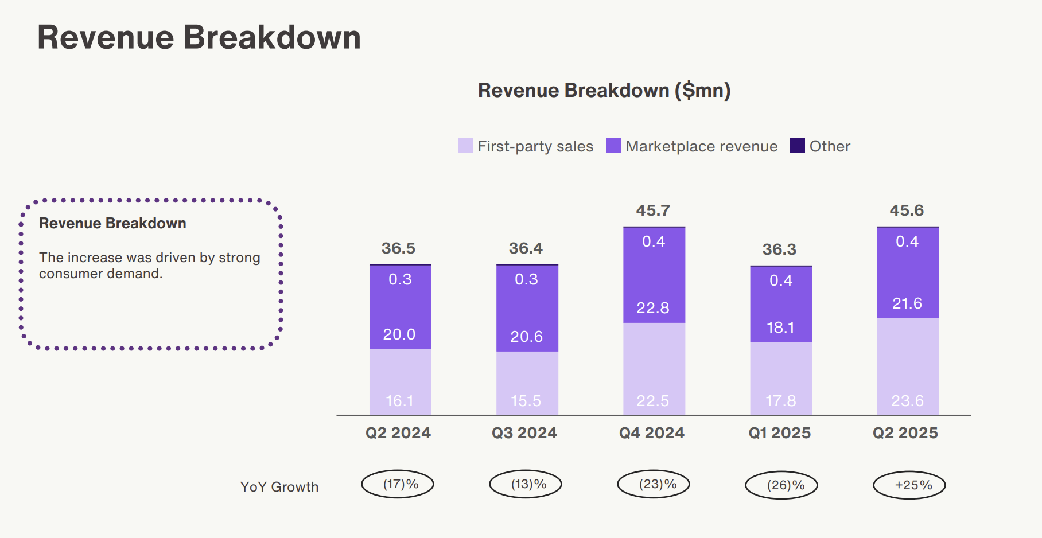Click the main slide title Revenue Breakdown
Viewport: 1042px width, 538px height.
point(199,38)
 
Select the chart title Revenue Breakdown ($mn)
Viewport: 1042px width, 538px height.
point(604,91)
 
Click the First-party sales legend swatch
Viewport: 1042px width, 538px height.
point(465,146)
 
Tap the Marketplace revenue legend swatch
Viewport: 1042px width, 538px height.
point(613,146)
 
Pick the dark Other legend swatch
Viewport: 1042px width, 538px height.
point(797,146)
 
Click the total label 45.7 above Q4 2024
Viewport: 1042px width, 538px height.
point(653,210)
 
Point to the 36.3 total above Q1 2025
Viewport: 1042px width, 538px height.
point(779,249)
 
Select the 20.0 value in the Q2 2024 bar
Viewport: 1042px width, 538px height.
point(399,334)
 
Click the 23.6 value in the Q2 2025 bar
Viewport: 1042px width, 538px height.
point(907,401)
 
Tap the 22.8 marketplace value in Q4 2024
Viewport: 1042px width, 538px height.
point(653,308)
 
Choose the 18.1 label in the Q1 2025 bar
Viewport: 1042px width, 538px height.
point(780,328)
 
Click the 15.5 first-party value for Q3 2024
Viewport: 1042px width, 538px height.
point(526,401)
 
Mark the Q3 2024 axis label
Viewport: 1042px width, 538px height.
point(524,433)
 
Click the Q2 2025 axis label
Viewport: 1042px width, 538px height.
point(905,433)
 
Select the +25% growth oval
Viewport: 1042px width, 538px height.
point(909,485)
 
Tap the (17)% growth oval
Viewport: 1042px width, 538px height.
point(398,484)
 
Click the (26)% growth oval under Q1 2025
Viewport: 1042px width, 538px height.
point(781,485)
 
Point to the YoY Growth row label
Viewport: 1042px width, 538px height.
point(279,487)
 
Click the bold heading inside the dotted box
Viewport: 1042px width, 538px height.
point(112,223)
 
